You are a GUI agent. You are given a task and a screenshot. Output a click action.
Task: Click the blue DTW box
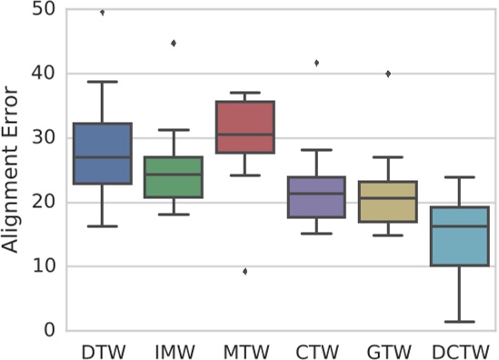click(x=102, y=154)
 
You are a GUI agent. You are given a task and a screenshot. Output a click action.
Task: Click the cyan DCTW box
click(x=460, y=236)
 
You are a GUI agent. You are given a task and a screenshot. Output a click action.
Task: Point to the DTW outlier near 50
click(x=102, y=13)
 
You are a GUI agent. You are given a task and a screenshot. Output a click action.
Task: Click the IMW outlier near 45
click(x=173, y=43)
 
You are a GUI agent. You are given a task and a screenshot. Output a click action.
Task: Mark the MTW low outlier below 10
click(x=245, y=271)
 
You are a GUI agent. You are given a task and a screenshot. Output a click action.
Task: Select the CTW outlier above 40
click(x=316, y=63)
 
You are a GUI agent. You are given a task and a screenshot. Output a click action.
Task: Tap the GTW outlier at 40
click(x=388, y=74)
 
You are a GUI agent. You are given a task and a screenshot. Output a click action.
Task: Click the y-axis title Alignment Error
click(x=12, y=168)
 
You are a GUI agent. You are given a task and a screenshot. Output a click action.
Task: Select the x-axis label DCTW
click(x=460, y=350)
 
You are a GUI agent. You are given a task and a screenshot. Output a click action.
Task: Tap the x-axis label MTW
click(x=245, y=350)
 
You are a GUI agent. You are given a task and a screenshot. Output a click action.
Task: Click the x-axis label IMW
click(x=173, y=350)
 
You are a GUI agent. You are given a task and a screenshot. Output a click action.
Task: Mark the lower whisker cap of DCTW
click(x=460, y=321)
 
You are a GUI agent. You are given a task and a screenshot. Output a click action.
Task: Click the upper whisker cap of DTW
click(x=102, y=82)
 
